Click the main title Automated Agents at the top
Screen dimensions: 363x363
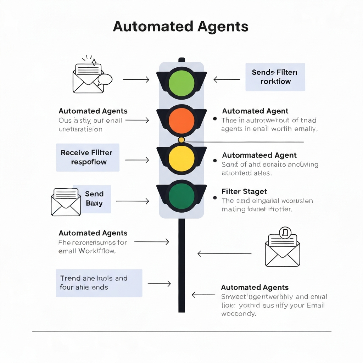[x=180, y=27]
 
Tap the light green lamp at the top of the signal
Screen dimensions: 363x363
[x=181, y=83]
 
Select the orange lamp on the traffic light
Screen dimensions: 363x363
[x=181, y=120]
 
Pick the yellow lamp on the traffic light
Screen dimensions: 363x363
[x=181, y=158]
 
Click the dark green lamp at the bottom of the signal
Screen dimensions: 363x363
[x=181, y=196]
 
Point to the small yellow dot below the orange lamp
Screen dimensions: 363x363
[x=181, y=140]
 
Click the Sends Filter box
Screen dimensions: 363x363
[x=275, y=77]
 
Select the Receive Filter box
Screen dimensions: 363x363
[x=88, y=157]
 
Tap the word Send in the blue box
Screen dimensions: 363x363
[x=94, y=194]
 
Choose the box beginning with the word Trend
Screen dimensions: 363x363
[x=99, y=283]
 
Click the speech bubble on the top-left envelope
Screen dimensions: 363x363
[x=105, y=79]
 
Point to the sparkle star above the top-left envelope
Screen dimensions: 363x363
[x=94, y=62]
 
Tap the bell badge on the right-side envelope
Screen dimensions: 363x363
[x=285, y=233]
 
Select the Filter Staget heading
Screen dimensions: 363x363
[x=244, y=191]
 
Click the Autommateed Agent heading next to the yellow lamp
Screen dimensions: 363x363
[x=259, y=155]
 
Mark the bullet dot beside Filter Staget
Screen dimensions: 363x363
[x=215, y=197]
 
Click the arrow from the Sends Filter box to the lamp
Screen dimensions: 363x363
[x=227, y=80]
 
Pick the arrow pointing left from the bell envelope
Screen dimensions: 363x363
[x=224, y=253]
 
